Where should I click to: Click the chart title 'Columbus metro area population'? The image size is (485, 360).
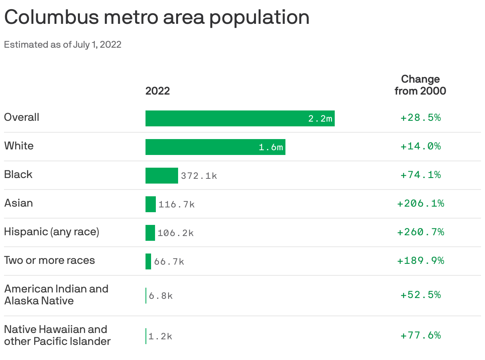[157, 17]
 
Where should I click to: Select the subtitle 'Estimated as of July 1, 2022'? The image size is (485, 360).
[62, 45]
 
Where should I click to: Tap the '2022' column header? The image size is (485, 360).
[157, 91]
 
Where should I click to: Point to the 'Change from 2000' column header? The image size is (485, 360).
[420, 85]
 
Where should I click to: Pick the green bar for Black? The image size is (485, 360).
[161, 176]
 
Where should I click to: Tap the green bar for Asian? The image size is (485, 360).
[150, 204]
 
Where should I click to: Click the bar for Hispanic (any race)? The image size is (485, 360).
[150, 233]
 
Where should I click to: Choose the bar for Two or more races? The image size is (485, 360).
[148, 261]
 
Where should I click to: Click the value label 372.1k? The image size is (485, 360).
[199, 176]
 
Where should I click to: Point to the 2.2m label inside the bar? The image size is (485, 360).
[320, 118]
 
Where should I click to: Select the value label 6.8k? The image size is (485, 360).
[161, 296]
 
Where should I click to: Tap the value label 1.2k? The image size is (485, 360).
[160, 336]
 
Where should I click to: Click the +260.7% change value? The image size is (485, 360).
[421, 232]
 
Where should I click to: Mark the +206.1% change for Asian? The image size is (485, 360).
[421, 203]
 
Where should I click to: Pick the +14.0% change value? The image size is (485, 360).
[421, 146]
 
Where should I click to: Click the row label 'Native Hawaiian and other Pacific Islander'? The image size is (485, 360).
[57, 335]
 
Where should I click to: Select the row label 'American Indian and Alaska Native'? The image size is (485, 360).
[56, 295]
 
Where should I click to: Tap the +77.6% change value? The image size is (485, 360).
[421, 335]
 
